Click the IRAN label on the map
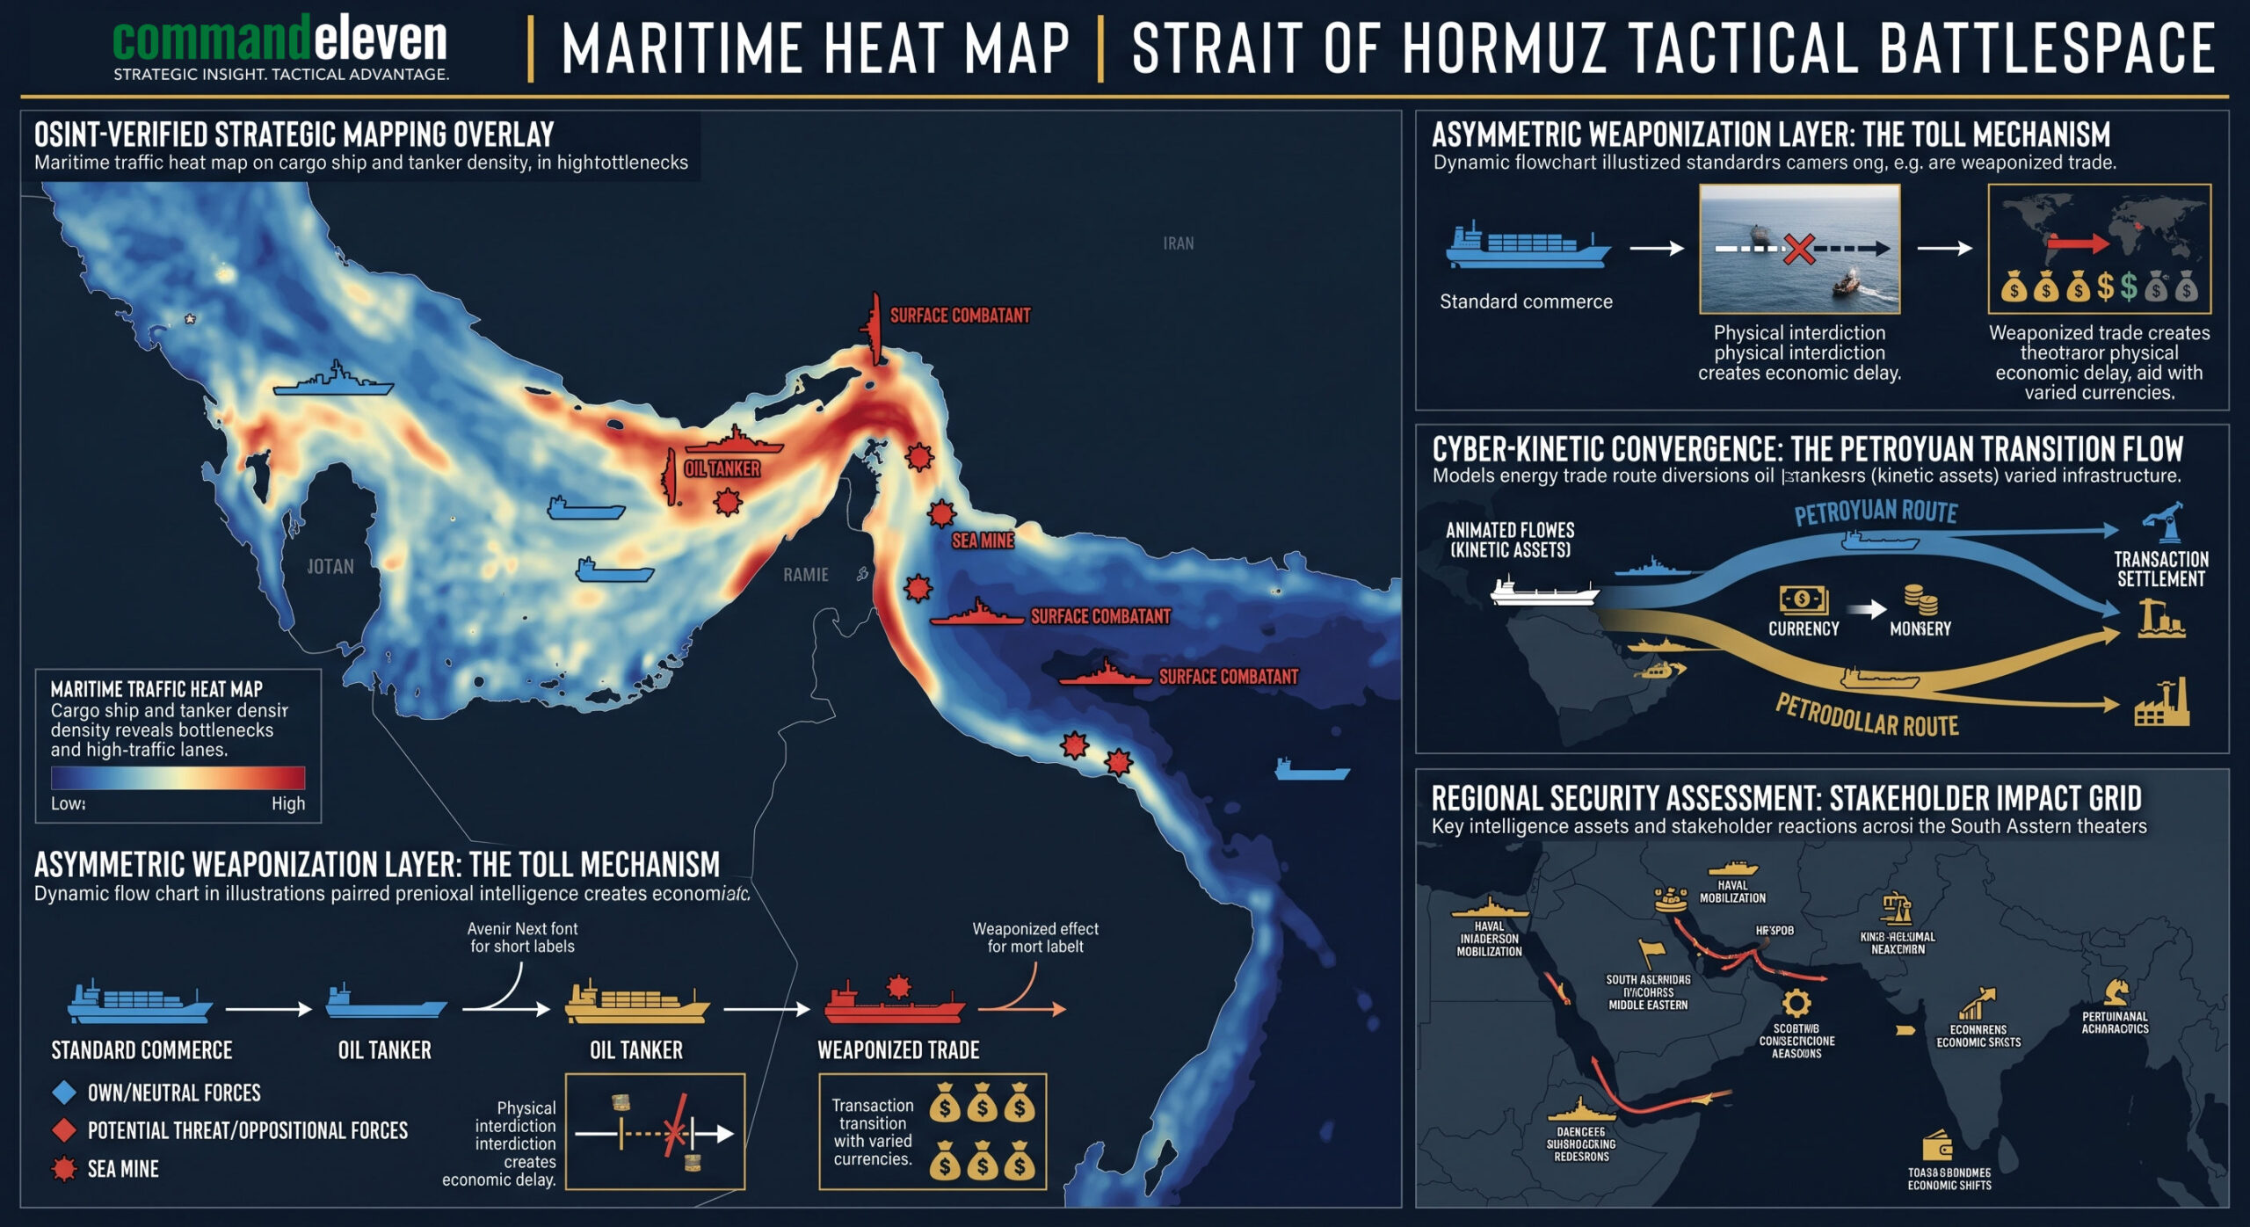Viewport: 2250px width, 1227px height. point(1178,243)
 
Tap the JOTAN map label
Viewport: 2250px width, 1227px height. point(330,567)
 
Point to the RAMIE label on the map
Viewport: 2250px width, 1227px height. point(805,575)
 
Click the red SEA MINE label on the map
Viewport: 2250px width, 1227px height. point(983,541)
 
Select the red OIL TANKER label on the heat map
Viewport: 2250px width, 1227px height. point(722,469)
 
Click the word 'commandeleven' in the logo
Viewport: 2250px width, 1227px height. point(279,40)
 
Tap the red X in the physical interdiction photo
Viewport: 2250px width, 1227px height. point(1798,249)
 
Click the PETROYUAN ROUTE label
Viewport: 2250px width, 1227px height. point(1876,512)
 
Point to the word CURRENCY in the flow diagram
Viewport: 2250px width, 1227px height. point(1804,628)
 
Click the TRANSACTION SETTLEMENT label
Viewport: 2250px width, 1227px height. point(2160,569)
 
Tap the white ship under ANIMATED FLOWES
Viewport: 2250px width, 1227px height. point(1544,592)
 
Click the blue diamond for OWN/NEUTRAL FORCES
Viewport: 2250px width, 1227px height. point(64,1093)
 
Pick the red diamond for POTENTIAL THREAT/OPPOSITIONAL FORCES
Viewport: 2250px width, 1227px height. point(64,1130)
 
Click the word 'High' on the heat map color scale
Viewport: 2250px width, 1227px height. point(287,803)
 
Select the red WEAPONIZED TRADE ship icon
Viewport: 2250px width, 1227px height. point(895,1004)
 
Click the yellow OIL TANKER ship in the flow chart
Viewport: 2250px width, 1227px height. point(636,1004)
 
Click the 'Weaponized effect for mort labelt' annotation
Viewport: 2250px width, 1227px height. point(1034,937)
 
